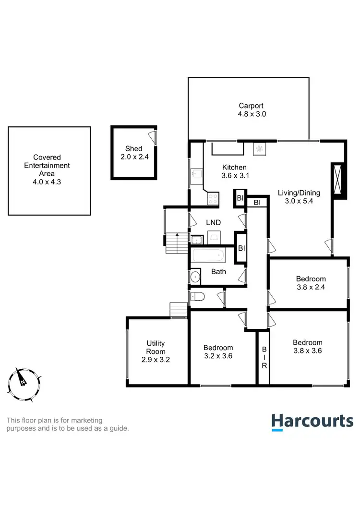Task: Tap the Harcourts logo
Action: [312, 422]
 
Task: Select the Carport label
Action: [251, 106]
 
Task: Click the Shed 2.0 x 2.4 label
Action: [134, 152]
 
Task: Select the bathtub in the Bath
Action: [209, 255]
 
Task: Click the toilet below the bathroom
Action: [198, 297]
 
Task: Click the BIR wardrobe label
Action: [264, 358]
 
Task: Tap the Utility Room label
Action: [156, 347]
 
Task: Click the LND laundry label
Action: [214, 223]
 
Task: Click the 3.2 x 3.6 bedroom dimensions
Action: [218, 356]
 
